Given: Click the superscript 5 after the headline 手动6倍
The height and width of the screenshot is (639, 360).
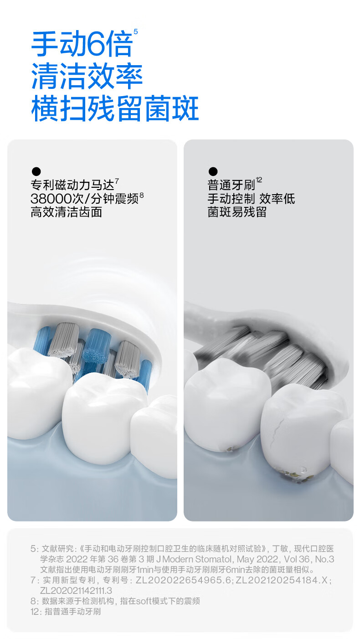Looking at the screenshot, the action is pos(135,31).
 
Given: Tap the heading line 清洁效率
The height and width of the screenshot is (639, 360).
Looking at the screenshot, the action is pos(87,77).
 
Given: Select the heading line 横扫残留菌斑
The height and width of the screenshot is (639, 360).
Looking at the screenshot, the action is pos(115,108).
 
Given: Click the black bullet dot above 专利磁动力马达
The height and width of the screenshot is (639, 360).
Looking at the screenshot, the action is pos(36,171).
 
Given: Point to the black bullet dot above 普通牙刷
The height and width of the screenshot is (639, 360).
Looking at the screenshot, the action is pos(213,171).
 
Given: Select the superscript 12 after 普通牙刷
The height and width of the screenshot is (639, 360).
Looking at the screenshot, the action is pos(259,180).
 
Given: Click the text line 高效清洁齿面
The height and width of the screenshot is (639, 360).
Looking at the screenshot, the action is pos(66,212).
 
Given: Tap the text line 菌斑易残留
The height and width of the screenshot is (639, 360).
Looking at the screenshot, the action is pos(237,212).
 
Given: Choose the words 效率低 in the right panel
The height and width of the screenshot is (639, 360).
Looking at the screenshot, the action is pos(277,199).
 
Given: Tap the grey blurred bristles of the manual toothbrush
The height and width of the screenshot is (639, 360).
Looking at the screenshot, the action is pos(262,354).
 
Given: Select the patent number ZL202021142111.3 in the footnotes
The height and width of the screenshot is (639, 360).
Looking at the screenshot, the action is pos(76,591).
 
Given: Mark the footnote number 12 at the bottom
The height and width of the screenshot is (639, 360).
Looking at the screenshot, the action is pos(36,612).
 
